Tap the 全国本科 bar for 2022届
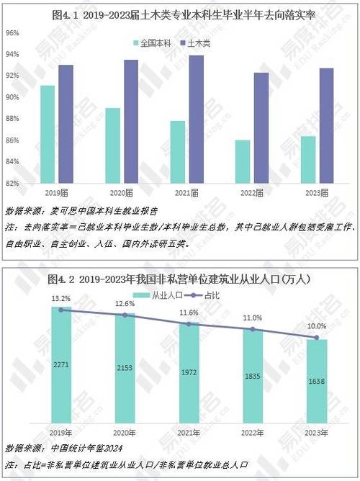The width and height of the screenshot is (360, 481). click(x=243, y=161)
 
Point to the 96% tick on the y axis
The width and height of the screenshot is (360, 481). click(x=13, y=33)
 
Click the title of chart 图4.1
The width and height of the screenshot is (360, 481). click(x=179, y=14)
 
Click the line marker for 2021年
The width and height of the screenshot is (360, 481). click(x=189, y=324)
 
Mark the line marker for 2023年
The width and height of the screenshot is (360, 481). click(x=317, y=337)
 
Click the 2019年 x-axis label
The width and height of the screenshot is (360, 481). click(x=62, y=432)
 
